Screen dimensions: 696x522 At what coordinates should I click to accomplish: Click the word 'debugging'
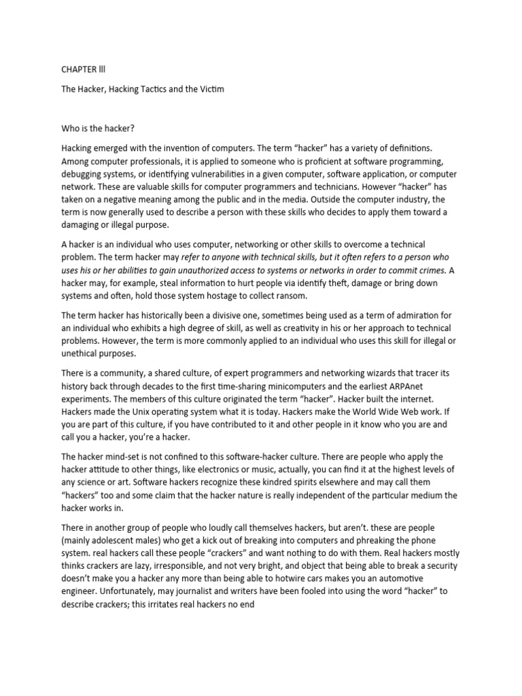click(x=85, y=175)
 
